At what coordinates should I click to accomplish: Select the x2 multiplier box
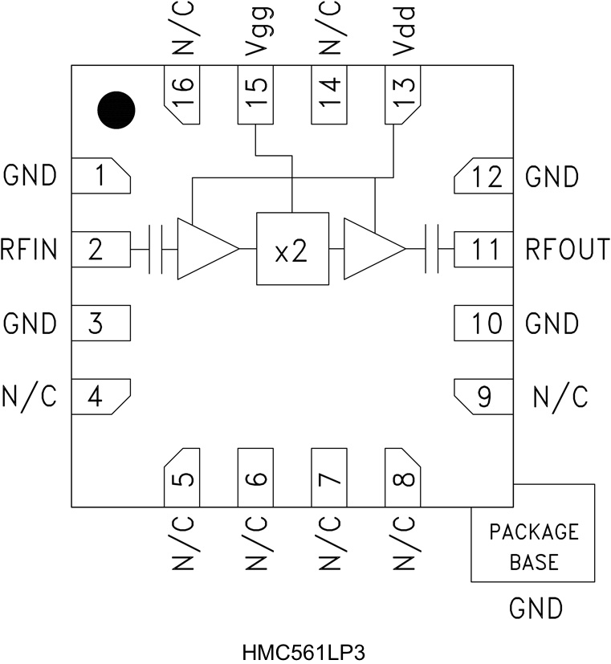pos(292,249)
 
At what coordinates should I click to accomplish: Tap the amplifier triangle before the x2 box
pos(202,249)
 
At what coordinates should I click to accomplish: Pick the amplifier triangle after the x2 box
pos(370,249)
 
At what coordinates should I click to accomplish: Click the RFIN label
pos(30,250)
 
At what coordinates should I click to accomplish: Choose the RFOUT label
pos(568,250)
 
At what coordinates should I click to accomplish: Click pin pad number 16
pos(182,95)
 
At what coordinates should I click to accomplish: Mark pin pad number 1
pos(100,176)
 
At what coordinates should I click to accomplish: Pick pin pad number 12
pos(484,176)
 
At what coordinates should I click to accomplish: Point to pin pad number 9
pos(484,397)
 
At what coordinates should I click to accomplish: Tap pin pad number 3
pos(100,324)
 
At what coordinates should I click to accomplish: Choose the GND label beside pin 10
pos(552,324)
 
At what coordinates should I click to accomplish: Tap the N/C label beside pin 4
pos(30,397)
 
